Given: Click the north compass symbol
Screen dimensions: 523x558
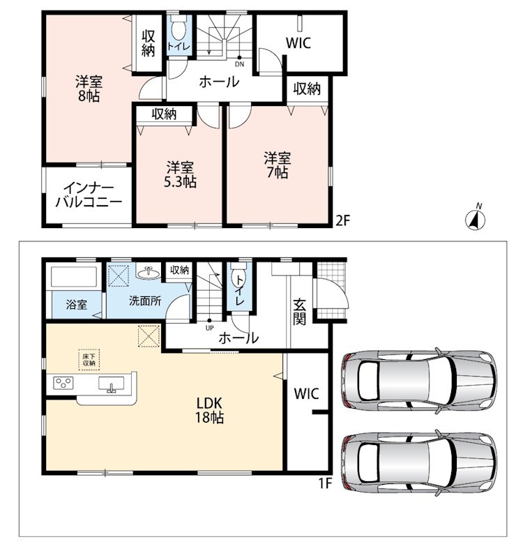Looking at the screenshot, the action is (x=476, y=218).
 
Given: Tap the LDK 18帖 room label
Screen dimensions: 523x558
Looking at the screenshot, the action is (x=210, y=410).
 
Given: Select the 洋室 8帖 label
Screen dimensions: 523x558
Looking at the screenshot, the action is (x=89, y=89).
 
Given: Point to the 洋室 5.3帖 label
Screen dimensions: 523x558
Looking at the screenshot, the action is (x=181, y=175).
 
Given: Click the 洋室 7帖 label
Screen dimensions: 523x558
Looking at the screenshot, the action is (x=277, y=165).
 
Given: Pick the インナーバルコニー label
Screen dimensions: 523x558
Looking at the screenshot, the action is (x=89, y=195).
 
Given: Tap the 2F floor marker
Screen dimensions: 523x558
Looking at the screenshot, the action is (x=343, y=221).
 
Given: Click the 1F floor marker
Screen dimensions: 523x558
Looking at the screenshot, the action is (x=325, y=483).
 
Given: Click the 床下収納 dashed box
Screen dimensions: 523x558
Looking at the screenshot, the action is (x=89, y=360).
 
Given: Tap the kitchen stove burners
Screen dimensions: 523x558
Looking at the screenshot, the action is (x=63, y=383).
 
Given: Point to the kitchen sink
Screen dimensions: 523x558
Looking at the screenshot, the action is (x=112, y=385).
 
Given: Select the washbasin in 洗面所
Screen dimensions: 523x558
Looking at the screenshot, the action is (x=149, y=273).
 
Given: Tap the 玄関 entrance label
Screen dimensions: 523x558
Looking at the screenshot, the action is (x=299, y=312).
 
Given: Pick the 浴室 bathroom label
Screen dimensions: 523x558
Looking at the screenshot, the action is (x=77, y=305).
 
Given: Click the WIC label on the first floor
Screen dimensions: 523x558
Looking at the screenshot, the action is (x=306, y=394).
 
